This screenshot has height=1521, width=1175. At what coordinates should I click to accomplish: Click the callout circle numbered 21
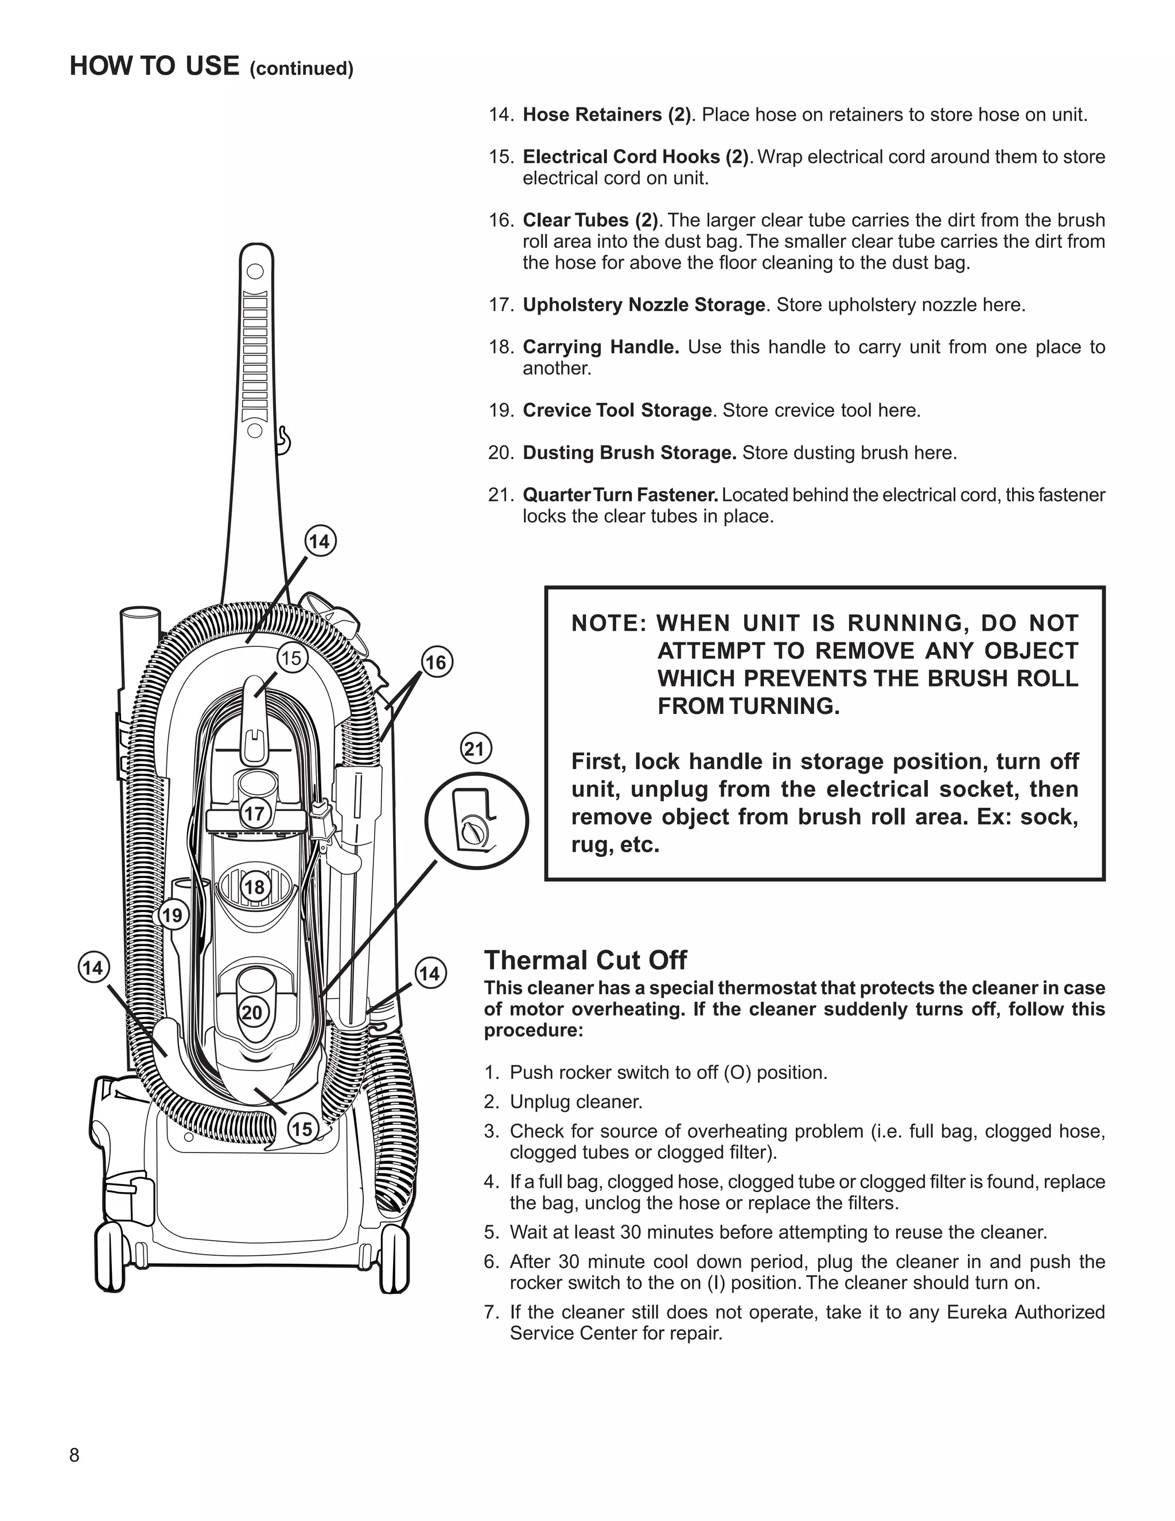476,750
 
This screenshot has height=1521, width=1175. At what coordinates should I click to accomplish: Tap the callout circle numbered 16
436,662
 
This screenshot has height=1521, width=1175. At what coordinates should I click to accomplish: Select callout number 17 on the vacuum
255,813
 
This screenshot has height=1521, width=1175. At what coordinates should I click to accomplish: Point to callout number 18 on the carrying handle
255,887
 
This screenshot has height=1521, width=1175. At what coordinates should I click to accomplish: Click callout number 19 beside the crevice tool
173,914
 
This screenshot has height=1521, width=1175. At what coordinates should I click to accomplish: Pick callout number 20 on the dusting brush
252,1012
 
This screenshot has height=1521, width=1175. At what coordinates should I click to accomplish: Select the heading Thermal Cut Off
585,960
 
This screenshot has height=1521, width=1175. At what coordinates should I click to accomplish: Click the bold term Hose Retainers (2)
606,115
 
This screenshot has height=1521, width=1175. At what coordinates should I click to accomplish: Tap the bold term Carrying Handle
600,347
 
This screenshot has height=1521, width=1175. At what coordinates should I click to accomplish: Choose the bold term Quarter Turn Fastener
620,495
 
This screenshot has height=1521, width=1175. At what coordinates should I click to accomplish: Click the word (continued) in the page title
301,69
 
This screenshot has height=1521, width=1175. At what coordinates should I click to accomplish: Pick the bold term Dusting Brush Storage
629,453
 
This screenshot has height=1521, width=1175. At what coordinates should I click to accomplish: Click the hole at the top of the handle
255,270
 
